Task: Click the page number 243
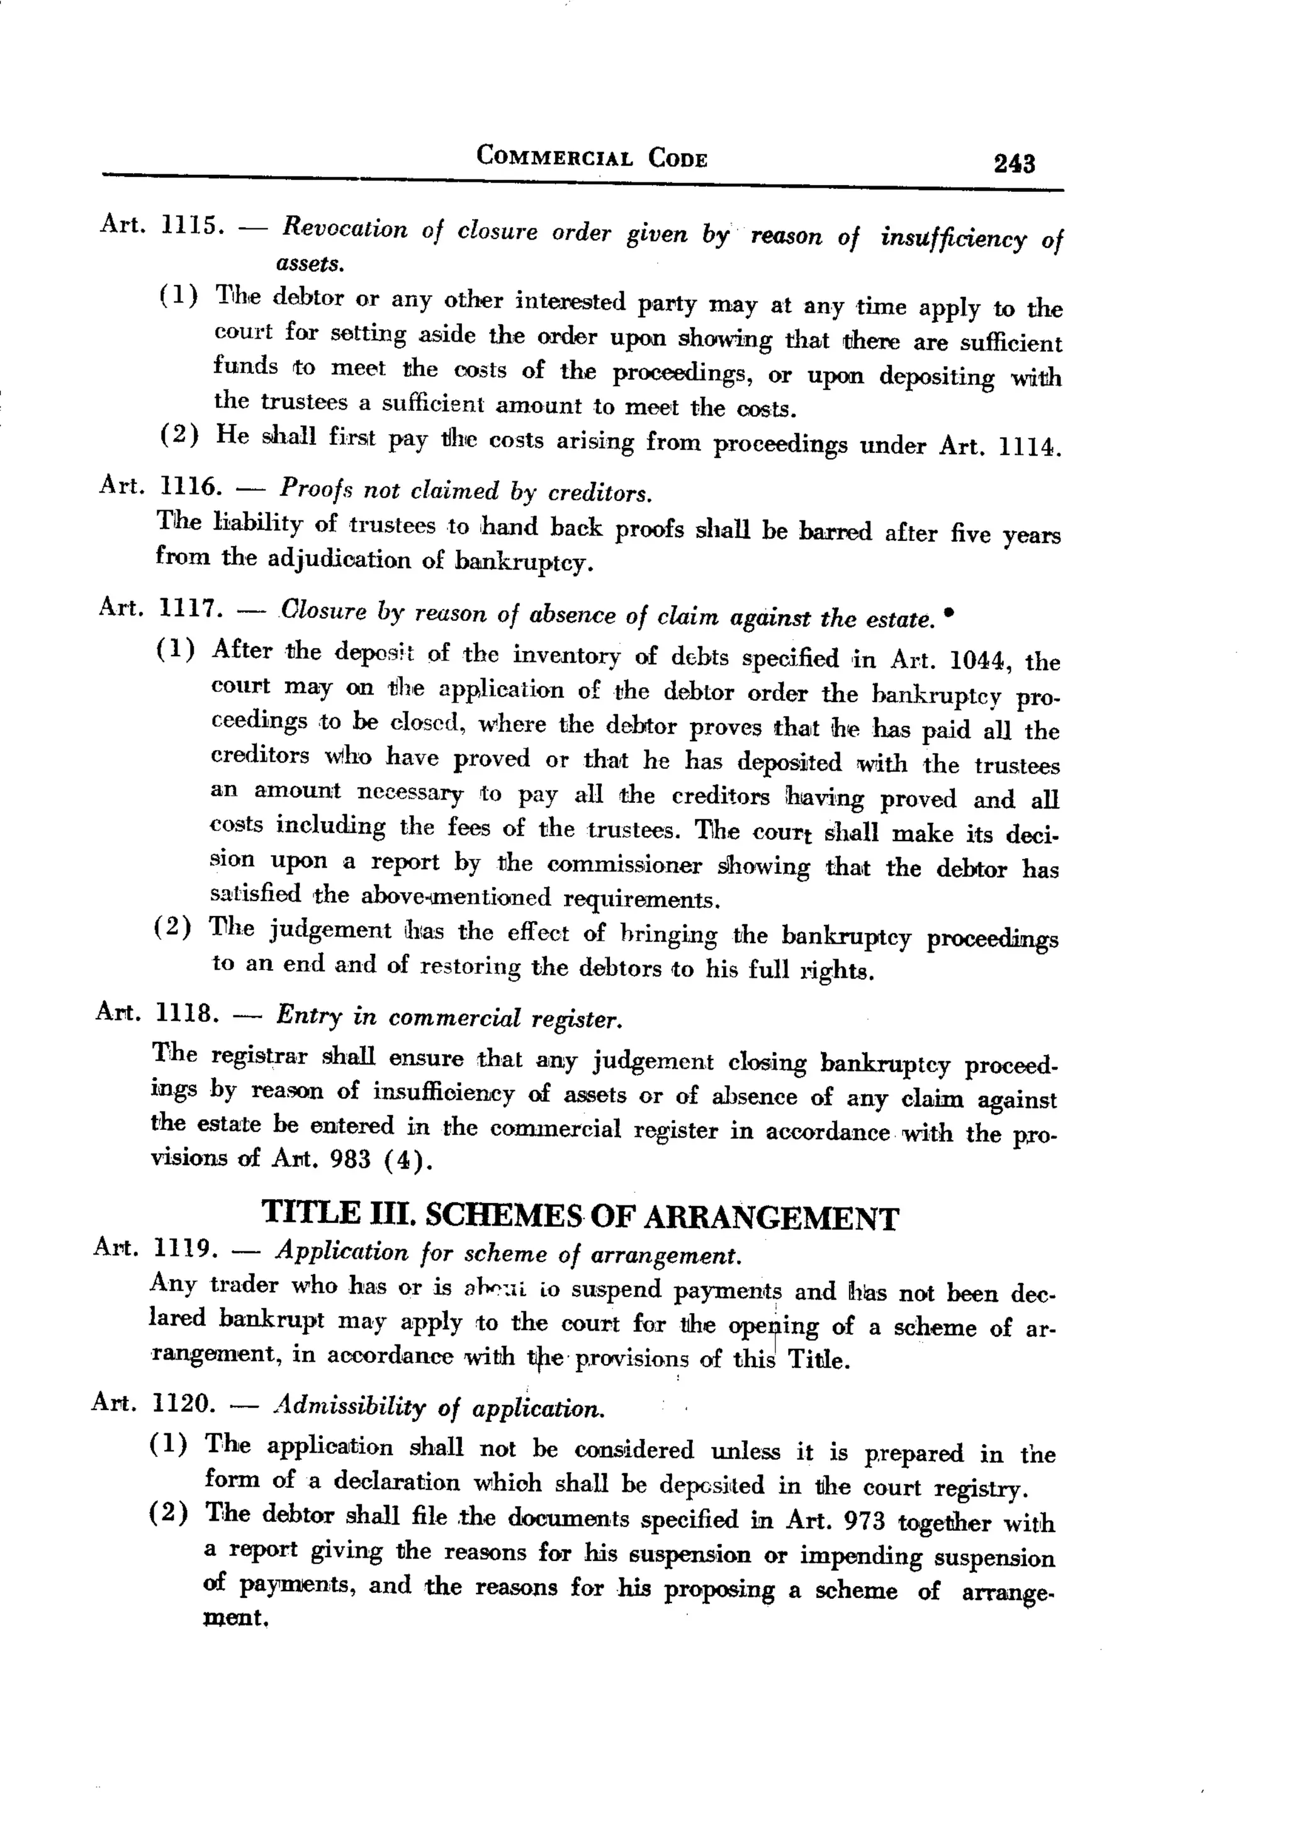click(x=1013, y=163)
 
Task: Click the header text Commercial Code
click(x=592, y=156)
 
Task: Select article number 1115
click(x=189, y=225)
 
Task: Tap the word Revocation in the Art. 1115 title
click(x=344, y=228)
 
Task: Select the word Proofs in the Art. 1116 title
click(x=314, y=489)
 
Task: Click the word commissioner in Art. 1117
click(x=624, y=865)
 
